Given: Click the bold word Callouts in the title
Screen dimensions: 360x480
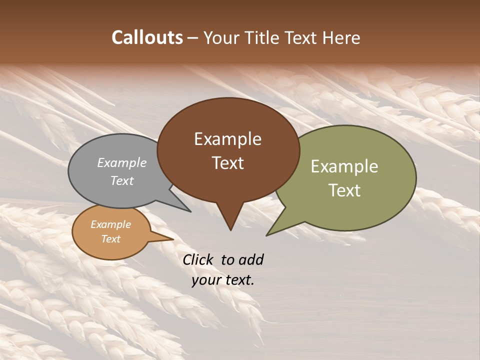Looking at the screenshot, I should click(147, 37).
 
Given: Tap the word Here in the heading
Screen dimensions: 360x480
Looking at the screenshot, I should click(341, 37).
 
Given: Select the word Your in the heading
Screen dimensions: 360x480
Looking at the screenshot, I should click(222, 37).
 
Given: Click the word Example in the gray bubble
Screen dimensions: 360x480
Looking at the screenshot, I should click(122, 163).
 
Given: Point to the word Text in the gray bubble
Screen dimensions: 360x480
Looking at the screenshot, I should click(122, 181).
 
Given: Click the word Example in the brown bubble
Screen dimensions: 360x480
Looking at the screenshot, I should click(227, 139).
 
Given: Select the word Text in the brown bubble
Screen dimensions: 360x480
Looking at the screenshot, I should click(227, 163).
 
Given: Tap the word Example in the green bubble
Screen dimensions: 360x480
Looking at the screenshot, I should click(344, 166).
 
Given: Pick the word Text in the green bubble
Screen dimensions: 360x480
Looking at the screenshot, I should click(344, 190).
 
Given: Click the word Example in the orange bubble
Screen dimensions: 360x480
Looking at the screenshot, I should click(110, 224).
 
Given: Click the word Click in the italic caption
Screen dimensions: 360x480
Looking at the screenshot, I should click(198, 259).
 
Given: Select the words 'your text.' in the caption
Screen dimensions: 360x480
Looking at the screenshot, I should click(223, 280).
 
